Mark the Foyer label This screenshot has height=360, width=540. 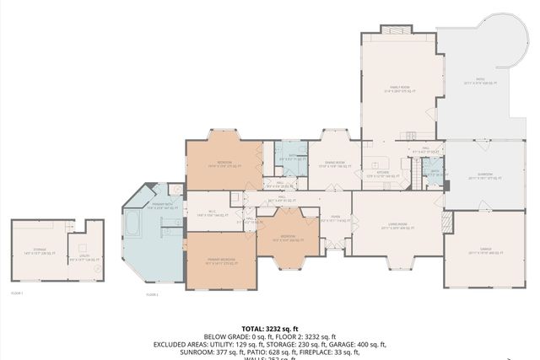click(335, 218)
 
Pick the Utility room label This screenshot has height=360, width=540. click(85, 258)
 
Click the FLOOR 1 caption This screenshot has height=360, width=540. click(16, 293)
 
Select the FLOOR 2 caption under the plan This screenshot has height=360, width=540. click(152, 294)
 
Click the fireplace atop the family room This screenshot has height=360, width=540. click(393, 30)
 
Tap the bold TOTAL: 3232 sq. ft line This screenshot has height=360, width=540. click(270, 328)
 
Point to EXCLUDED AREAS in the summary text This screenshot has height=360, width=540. click(183, 345)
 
